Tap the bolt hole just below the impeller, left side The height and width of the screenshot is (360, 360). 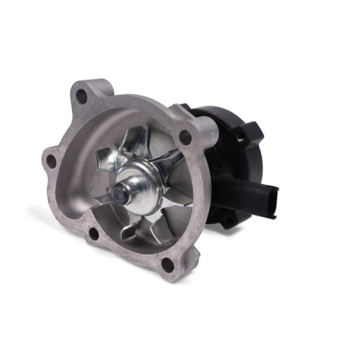93,233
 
